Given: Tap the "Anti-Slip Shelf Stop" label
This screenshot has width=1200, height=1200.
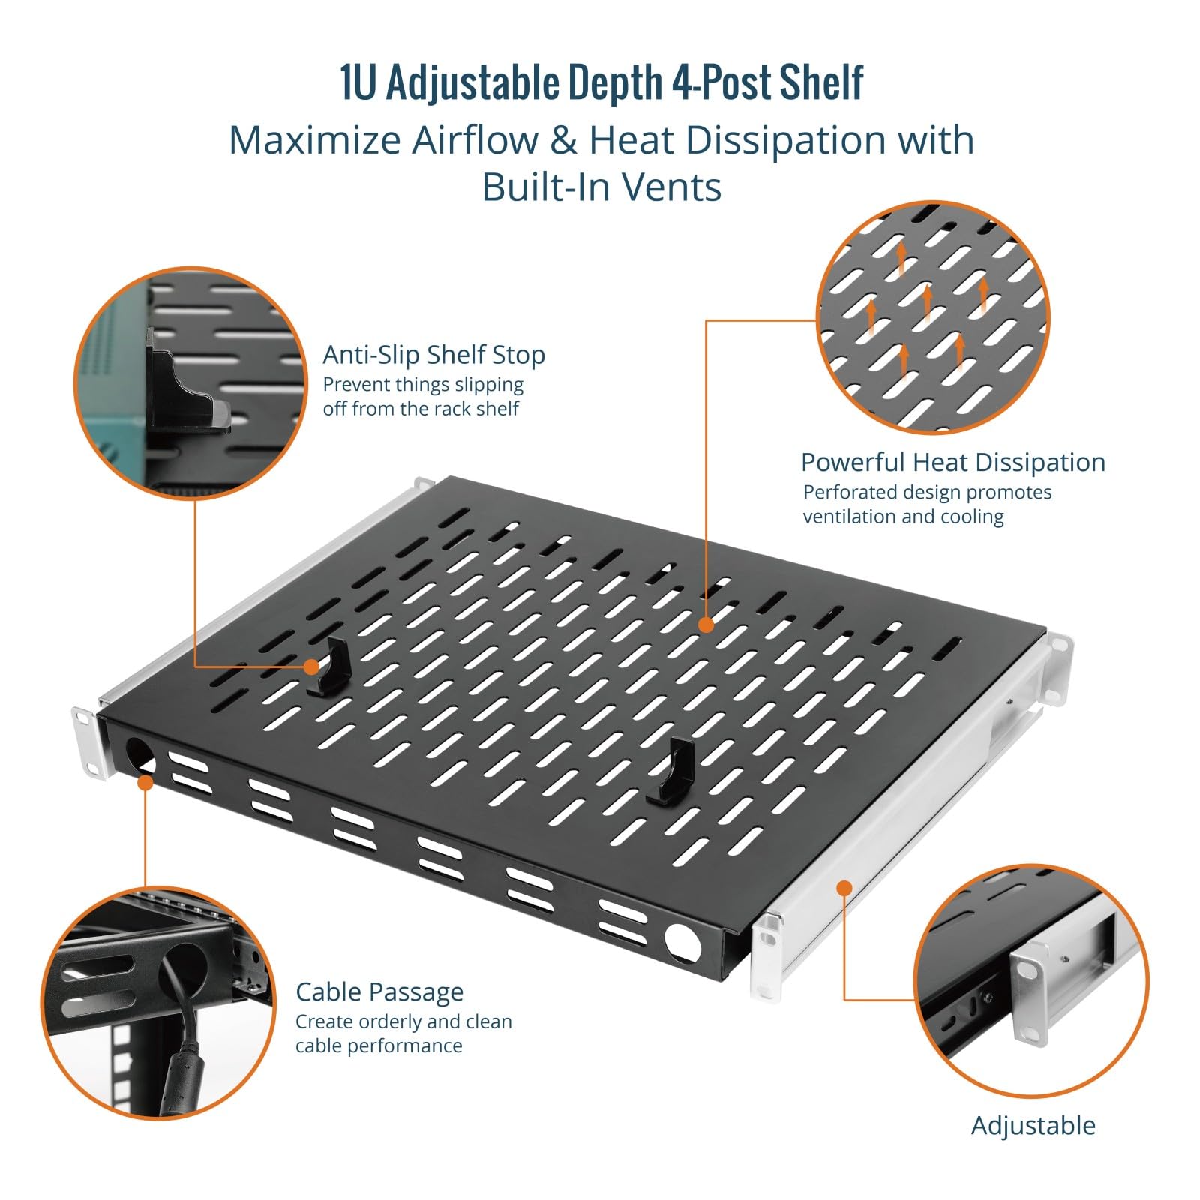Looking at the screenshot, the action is [x=433, y=355].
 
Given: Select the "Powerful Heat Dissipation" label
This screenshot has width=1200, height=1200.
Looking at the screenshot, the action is [x=953, y=462].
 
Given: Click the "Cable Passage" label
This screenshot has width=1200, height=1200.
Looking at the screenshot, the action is [x=379, y=991].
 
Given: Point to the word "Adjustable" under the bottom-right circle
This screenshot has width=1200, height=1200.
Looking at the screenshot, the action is [x=1033, y=1125].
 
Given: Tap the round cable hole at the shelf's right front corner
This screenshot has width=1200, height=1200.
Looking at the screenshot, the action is [x=682, y=943].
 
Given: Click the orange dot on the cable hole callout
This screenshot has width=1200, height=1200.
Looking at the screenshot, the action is [x=145, y=782].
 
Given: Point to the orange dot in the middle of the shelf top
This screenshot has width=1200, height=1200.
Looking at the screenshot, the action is [x=706, y=624].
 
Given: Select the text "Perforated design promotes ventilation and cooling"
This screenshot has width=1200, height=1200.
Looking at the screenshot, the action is [x=927, y=504].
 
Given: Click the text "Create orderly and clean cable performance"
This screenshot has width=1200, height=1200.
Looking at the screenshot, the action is [x=403, y=1033].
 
